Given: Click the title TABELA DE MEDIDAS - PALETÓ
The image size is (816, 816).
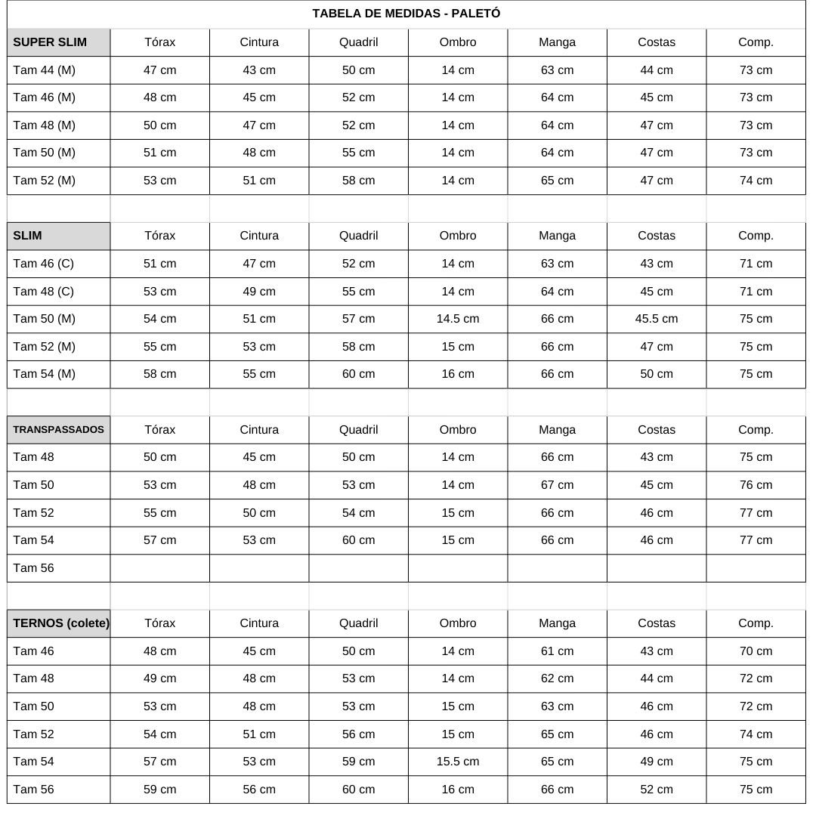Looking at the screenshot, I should click(406, 14).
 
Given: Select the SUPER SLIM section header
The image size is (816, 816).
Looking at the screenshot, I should click(50, 42).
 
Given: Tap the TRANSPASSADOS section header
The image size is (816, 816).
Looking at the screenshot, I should click(58, 429).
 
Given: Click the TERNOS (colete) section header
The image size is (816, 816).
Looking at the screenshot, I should click(60, 623).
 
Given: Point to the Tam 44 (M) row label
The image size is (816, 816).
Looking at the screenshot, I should click(44, 70).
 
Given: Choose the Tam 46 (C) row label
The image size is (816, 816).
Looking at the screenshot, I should click(43, 264).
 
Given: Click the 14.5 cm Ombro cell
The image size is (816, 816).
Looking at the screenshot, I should click(458, 319).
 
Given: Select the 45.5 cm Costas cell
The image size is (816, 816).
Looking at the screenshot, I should click(656, 319).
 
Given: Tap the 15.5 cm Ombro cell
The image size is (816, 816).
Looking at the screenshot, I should click(458, 762).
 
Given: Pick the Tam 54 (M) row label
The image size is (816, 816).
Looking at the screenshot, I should click(44, 374).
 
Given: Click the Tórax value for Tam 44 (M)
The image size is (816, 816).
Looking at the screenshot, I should click(159, 70).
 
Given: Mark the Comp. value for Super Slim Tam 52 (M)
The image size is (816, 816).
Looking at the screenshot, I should click(756, 181).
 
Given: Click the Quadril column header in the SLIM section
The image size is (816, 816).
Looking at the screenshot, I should click(358, 236).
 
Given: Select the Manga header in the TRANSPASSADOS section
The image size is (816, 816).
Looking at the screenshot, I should click(557, 429).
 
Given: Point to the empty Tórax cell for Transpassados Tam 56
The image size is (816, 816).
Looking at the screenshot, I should click(159, 568).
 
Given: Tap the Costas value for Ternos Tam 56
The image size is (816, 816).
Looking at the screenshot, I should click(656, 790).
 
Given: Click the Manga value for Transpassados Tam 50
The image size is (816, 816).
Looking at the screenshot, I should click(557, 485).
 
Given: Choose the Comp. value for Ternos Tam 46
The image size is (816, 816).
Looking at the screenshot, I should click(756, 651).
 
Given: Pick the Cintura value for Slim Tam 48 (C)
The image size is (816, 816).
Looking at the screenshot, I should click(259, 292).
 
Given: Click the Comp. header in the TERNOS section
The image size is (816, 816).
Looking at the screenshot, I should click(756, 623).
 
